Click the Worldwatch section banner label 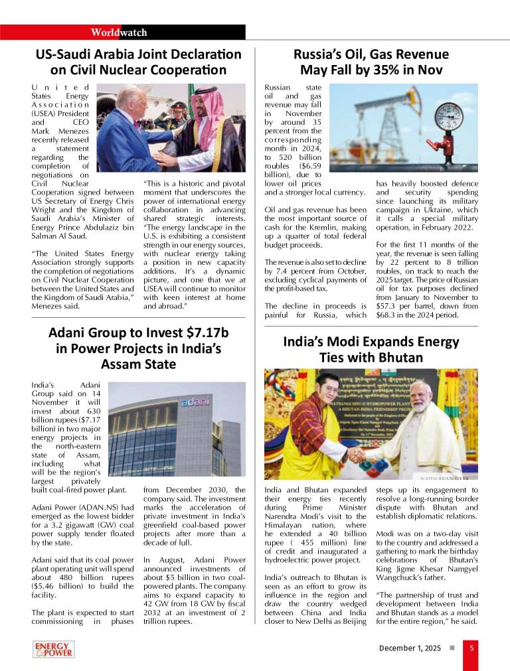point(120,33)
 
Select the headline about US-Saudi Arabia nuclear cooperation point(138,62)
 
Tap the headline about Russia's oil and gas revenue point(371,62)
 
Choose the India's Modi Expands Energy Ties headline point(371,349)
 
